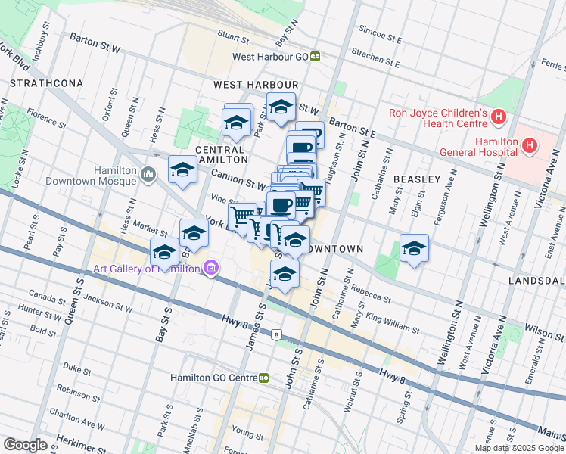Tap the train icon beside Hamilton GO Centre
(x=264, y=377)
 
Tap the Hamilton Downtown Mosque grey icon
(x=148, y=176)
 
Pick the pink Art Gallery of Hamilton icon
(x=210, y=268)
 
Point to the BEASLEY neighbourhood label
(x=416, y=179)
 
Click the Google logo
(x=25, y=444)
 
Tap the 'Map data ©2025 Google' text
(x=518, y=448)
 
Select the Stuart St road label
(x=234, y=34)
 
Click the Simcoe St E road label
(x=380, y=35)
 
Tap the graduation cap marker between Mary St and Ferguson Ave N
(x=414, y=249)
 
